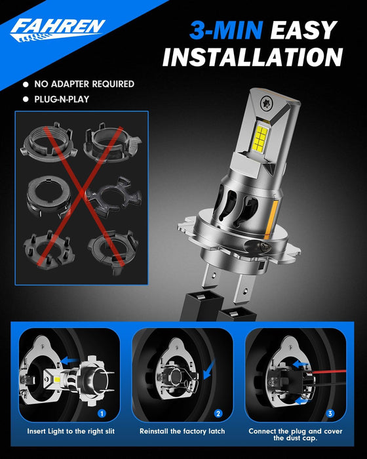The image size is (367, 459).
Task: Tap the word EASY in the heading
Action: click(302, 30)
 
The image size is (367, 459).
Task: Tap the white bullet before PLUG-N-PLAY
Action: click(25, 100)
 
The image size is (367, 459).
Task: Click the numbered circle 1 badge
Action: click(102, 414)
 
